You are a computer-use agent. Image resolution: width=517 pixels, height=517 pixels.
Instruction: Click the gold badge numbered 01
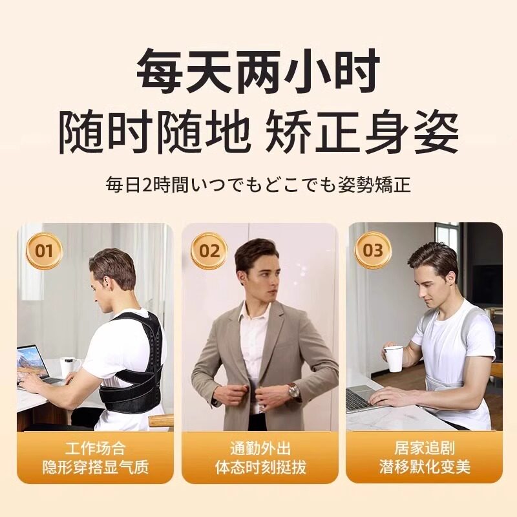pyautogui.click(x=44, y=251)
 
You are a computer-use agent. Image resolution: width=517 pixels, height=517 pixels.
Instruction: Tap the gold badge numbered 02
pyautogui.click(x=209, y=251)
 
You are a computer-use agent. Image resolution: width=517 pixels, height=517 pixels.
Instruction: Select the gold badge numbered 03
pyautogui.click(x=373, y=250)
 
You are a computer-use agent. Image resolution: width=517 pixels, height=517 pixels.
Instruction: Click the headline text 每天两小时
pyautogui.click(x=258, y=71)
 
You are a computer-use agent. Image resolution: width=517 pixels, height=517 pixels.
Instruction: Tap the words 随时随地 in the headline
pyautogui.click(x=153, y=132)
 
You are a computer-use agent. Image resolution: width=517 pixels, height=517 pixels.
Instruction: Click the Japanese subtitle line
pyautogui.click(x=258, y=185)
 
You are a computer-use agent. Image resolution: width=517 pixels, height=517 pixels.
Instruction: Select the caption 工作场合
pyautogui.click(x=95, y=448)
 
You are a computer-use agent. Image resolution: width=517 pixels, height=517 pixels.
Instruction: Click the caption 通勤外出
pyautogui.click(x=260, y=448)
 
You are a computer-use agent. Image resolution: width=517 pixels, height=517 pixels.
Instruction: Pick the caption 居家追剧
pyautogui.click(x=425, y=448)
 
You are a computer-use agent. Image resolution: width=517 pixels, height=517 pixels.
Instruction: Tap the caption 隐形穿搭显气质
pyautogui.click(x=95, y=467)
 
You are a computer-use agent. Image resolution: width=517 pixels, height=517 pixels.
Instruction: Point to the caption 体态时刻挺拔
pyautogui.click(x=260, y=467)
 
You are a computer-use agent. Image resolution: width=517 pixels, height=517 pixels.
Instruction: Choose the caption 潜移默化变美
pyautogui.click(x=425, y=467)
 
